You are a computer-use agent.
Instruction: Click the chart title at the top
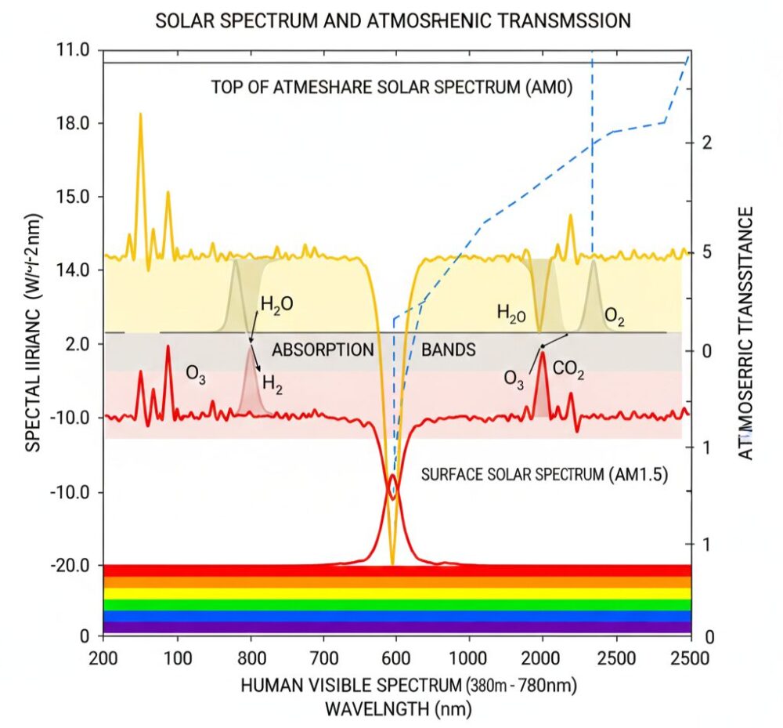(393, 21)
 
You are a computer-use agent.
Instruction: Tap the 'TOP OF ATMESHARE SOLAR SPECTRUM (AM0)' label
(392, 87)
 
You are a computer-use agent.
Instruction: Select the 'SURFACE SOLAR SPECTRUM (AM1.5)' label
(544, 474)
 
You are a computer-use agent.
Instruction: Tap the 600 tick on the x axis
(396, 656)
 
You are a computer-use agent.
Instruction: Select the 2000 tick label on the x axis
(542, 656)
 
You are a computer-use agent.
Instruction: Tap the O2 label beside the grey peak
(614, 317)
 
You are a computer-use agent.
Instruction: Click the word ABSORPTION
(323, 350)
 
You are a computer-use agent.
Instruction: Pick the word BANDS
(449, 350)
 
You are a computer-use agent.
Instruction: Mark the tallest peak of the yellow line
(140, 114)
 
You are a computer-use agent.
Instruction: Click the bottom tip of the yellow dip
(392, 563)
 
